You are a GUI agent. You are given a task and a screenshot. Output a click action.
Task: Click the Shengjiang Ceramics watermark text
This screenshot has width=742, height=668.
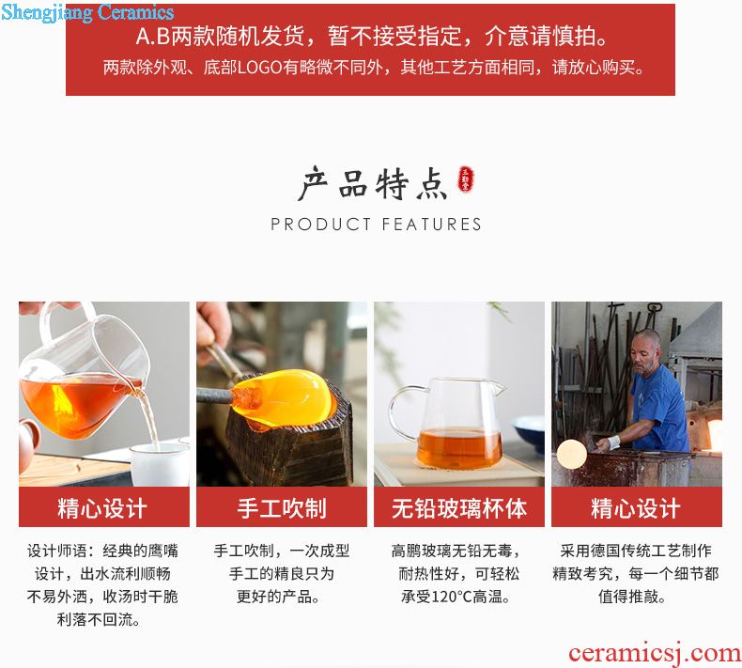point(87,12)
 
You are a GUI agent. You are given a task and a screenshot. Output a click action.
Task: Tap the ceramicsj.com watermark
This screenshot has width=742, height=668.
point(655,653)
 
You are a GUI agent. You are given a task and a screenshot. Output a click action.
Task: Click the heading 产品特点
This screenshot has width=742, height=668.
point(374,184)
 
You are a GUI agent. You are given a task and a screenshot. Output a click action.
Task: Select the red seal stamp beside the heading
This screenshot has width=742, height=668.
point(465,179)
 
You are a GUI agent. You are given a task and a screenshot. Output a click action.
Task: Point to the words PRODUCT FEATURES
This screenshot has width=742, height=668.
point(377,224)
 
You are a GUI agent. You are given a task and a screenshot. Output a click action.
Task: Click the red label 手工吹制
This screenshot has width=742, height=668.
point(282,508)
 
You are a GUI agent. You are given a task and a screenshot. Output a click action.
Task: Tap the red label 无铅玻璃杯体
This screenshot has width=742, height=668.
point(459,508)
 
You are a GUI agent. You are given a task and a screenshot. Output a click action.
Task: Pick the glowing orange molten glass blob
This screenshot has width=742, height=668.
point(283,398)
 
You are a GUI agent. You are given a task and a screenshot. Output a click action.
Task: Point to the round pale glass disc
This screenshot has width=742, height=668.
point(572,454)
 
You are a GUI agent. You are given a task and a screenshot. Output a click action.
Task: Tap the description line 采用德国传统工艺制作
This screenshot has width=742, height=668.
point(636,551)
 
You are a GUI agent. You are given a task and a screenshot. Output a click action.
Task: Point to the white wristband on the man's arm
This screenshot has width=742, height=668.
point(613,443)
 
